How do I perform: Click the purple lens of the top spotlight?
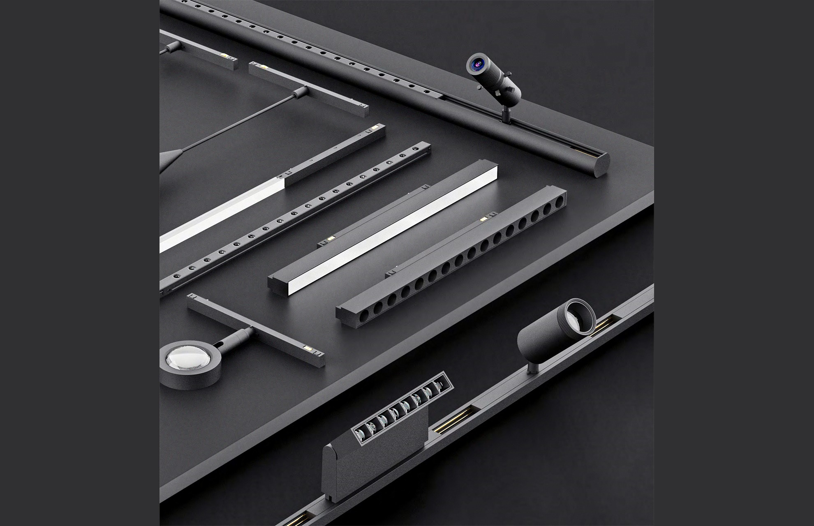(x=477, y=64)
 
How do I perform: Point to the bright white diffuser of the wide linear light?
(x=386, y=234)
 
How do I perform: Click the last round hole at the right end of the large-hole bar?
(x=560, y=202)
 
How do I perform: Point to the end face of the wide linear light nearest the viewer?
(x=277, y=286)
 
